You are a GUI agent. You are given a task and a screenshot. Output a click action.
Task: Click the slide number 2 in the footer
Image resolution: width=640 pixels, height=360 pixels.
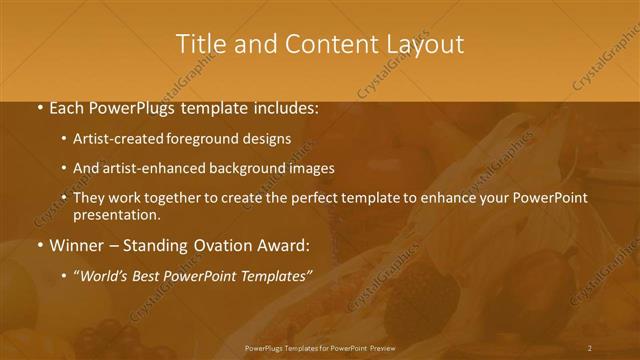[590, 348]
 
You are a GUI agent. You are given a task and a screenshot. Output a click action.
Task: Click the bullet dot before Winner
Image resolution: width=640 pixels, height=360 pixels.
[39, 245]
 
